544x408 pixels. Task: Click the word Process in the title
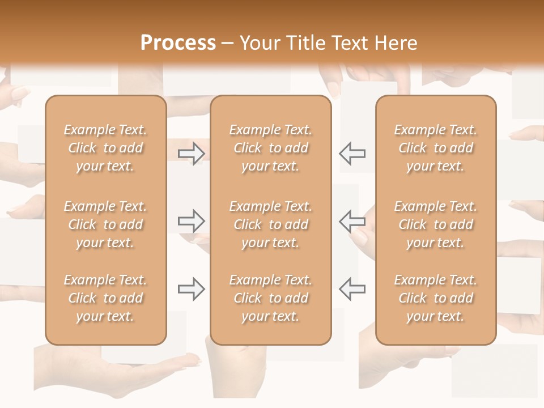click(178, 43)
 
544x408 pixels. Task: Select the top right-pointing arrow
click(191, 154)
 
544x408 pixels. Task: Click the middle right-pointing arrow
click(191, 221)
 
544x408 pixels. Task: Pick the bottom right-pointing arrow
click(191, 289)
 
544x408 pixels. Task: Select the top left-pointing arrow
click(352, 154)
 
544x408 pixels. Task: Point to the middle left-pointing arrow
click(352, 221)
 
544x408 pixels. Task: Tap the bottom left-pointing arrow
click(352, 289)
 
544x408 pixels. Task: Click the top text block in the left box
click(105, 148)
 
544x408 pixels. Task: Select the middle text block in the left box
click(105, 224)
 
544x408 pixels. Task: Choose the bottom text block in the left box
click(105, 298)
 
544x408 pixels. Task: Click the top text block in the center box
click(271, 148)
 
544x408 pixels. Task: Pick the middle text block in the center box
click(271, 224)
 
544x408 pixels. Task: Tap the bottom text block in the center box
click(271, 298)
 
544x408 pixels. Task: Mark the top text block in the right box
click(436, 148)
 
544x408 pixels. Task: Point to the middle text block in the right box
click(436, 224)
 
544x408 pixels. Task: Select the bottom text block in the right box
click(436, 298)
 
